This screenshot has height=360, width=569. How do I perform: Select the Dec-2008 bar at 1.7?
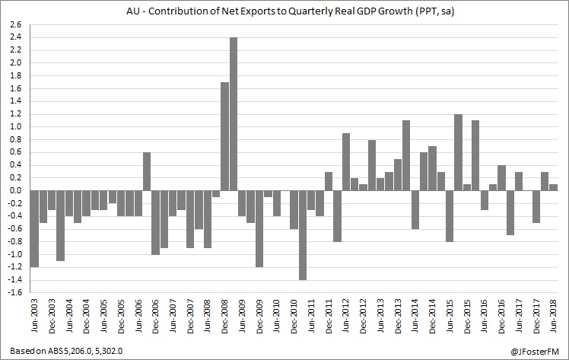pyautogui.click(x=224, y=136)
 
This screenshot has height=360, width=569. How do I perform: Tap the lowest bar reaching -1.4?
pyautogui.click(x=303, y=235)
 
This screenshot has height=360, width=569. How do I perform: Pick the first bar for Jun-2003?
pyautogui.click(x=34, y=229)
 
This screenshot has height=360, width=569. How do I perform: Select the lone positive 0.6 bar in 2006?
pyautogui.click(x=146, y=171)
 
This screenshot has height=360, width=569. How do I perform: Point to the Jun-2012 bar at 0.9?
pyautogui.click(x=346, y=162)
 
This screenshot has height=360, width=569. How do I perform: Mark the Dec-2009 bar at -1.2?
pyautogui.click(x=259, y=229)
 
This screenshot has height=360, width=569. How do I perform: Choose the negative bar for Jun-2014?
pyautogui.click(x=415, y=210)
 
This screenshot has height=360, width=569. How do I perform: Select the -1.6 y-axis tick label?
pyautogui.click(x=14, y=293)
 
